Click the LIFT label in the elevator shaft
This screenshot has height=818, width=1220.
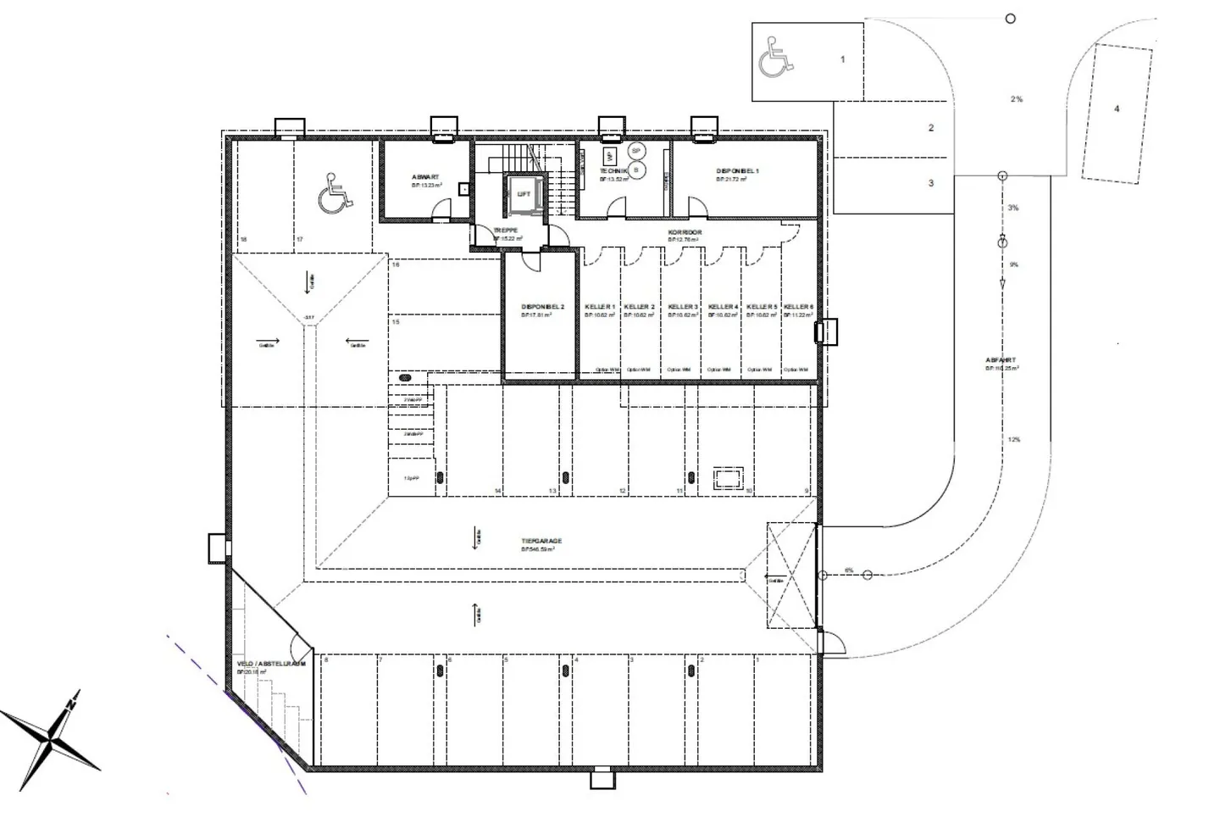pos(524,194)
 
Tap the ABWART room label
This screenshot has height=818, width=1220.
pos(425,177)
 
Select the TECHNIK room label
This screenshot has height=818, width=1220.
pos(613,171)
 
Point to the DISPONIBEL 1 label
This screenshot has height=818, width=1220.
pos(737,171)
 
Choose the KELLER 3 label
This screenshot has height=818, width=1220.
pos(682,307)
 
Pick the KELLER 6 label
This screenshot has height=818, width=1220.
pos(798,307)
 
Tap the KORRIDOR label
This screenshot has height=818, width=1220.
pos(685,232)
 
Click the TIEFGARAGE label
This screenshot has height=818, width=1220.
pos(541,541)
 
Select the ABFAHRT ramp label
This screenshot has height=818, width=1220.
pos(1001,360)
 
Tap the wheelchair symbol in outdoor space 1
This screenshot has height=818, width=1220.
pos(776,57)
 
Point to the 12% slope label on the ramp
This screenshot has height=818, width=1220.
pos(1014,440)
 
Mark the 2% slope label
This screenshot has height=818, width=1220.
pos(1016,99)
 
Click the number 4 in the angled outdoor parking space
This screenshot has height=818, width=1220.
pos(1117,109)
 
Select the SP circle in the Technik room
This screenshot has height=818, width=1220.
pos(636,150)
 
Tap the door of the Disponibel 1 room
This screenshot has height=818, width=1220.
pos(697,208)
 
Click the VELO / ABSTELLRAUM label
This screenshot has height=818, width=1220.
pos(271,664)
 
